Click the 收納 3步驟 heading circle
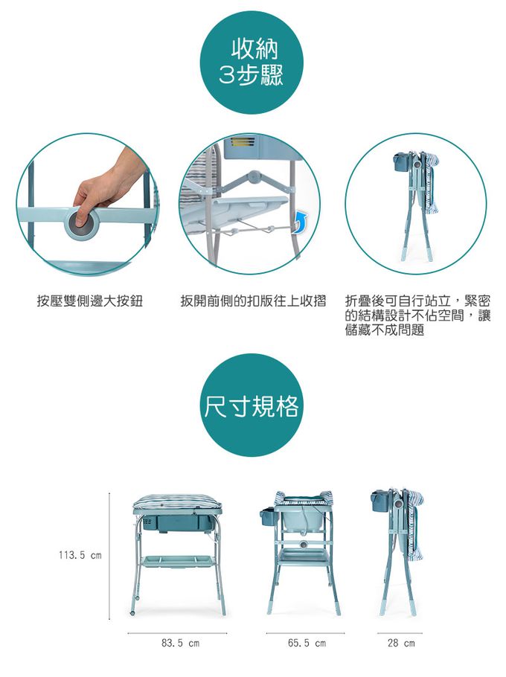[252, 62]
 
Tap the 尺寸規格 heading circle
[252, 405]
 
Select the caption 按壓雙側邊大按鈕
[90, 301]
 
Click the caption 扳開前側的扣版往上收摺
[253, 301]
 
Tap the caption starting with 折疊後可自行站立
[418, 315]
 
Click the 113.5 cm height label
[80, 555]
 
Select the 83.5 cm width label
[181, 644]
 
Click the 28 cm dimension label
[401, 644]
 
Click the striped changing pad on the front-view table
[177, 502]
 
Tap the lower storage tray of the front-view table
[179, 561]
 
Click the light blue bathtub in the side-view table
[302, 517]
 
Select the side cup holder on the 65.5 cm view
[268, 516]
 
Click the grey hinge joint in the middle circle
[254, 176]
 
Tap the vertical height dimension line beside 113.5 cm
[109, 556]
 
